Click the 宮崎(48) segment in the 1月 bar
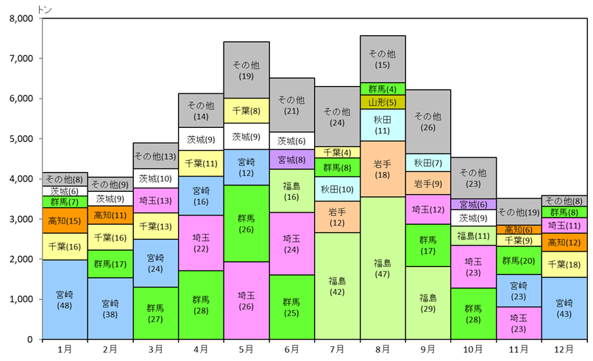(65, 299)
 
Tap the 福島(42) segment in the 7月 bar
(337, 286)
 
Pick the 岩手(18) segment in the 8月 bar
(383, 169)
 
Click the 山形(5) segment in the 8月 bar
(383, 102)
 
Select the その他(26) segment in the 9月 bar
(427, 122)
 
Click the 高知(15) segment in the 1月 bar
(65, 221)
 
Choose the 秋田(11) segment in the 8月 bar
(383, 124)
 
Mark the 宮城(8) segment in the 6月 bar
(291, 160)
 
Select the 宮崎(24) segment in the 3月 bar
(155, 263)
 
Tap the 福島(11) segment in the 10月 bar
(473, 236)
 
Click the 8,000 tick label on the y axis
(20, 18)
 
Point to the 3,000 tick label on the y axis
(20, 219)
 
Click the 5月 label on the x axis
(246, 349)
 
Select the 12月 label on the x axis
(564, 349)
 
